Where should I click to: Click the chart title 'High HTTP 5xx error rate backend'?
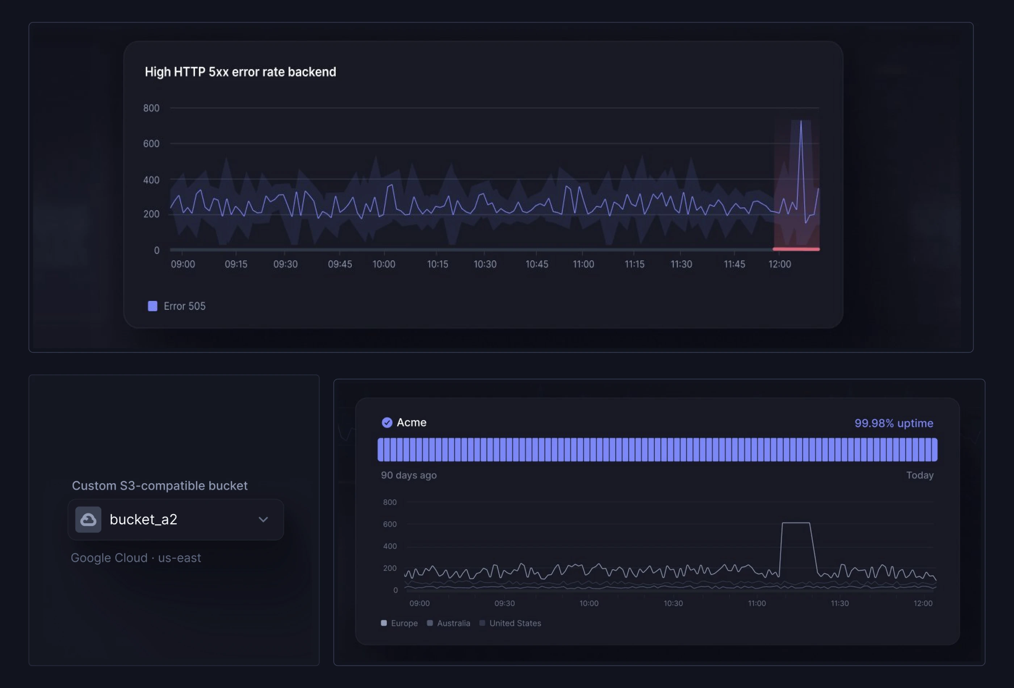[x=240, y=72]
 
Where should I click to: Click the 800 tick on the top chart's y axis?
[x=151, y=108]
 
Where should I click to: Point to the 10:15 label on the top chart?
[x=437, y=264]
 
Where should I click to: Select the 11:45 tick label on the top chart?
[x=734, y=264]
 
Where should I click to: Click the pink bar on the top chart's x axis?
[x=796, y=249]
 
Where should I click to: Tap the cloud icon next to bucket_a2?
[x=88, y=520]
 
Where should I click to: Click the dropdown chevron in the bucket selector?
[x=263, y=520]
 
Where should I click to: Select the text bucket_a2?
[x=143, y=520]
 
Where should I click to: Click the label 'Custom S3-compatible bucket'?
[x=160, y=486]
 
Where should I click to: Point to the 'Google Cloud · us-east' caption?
[x=136, y=558]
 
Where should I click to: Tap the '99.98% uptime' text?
[x=893, y=423]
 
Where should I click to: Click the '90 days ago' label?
[x=408, y=475]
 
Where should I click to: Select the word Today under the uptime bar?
[x=920, y=475]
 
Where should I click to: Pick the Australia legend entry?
[x=453, y=623]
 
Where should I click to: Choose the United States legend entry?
[x=514, y=623]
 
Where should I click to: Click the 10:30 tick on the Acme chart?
[x=673, y=603]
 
